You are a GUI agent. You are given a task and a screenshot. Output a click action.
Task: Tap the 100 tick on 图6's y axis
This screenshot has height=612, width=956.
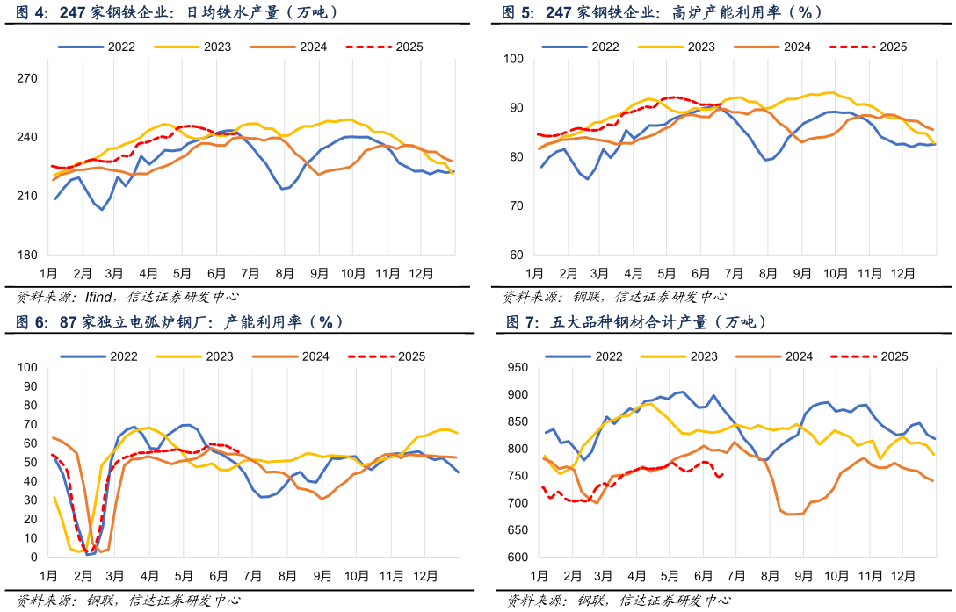point(26,368)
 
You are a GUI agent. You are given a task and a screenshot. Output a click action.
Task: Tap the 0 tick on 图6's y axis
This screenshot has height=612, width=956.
point(33,558)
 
